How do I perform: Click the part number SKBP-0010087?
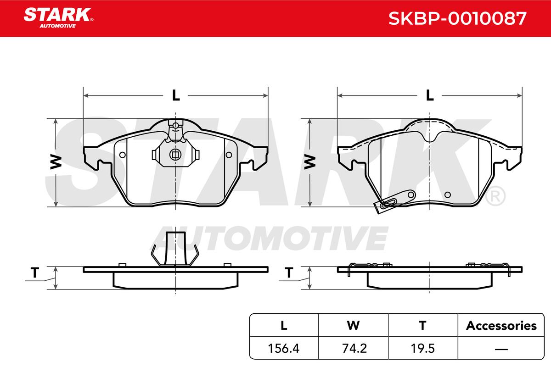[457, 18]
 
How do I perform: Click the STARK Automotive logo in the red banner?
[58, 18]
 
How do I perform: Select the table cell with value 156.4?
[284, 348]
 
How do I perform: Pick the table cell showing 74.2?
[354, 348]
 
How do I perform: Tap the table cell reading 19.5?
[423, 348]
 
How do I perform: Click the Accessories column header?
[501, 326]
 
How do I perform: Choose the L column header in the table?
[284, 326]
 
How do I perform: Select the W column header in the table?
[353, 326]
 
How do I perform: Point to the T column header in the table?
[422, 326]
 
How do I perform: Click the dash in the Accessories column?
[501, 349]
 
